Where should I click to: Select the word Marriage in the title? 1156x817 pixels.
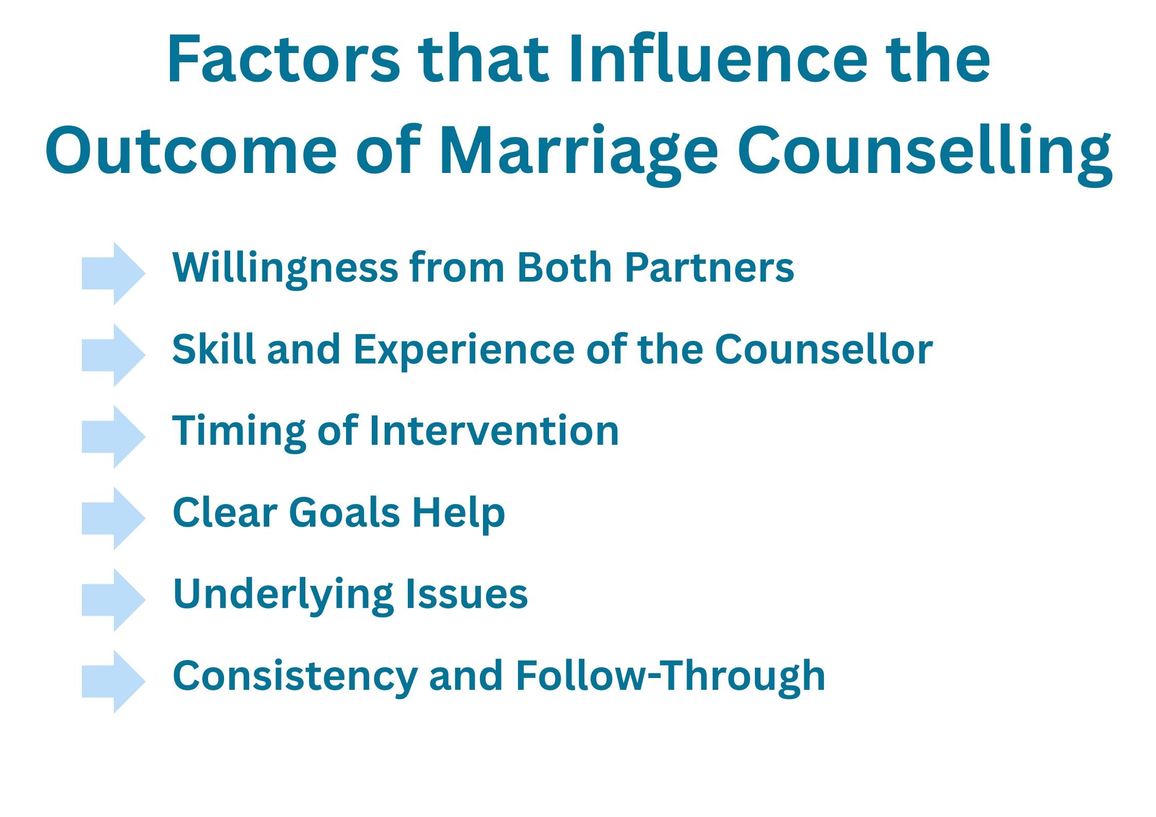coord(579,151)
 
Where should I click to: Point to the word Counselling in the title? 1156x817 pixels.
coord(924,151)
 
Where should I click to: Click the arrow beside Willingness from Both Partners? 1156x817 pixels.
coord(113,273)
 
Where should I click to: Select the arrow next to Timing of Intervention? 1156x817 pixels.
coord(113,437)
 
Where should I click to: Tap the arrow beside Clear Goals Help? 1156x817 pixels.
coord(113,518)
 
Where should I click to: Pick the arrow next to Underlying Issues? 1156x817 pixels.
coord(113,600)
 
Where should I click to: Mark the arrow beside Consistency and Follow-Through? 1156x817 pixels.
coord(113,682)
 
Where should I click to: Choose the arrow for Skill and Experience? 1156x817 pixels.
coord(113,355)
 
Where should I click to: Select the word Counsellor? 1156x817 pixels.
coord(823,350)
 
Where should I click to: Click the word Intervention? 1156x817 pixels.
coord(494,431)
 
